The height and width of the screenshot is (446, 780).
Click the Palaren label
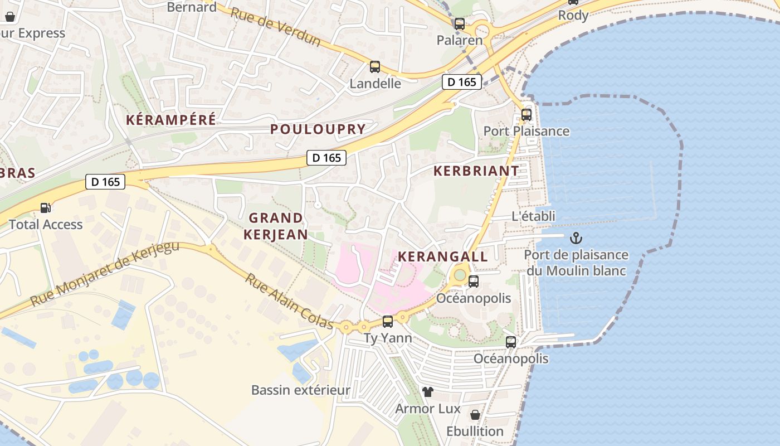coord(459,40)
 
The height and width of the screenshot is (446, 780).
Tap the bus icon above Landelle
coord(375,67)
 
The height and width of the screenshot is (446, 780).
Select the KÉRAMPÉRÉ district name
coord(170,120)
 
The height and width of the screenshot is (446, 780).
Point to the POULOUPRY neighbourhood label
coord(318,129)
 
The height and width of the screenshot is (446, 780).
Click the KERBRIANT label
coord(476,171)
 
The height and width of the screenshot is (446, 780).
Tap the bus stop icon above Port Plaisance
coord(526,115)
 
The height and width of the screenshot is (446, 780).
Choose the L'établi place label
coord(533,216)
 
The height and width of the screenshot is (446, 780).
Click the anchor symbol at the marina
coord(576,239)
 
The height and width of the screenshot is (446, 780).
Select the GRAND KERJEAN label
coord(276,226)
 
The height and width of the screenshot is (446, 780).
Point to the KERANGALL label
coord(443,257)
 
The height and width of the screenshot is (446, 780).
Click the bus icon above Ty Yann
coord(388,322)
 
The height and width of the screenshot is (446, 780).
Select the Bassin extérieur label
coord(301,390)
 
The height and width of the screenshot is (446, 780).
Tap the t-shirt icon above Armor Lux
coord(428,392)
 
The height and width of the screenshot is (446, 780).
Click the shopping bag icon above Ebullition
coord(475,415)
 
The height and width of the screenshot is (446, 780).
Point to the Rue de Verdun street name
coord(275,27)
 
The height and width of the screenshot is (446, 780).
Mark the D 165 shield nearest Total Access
coord(105,182)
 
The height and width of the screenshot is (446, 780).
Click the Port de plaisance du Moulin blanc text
coord(576,263)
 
